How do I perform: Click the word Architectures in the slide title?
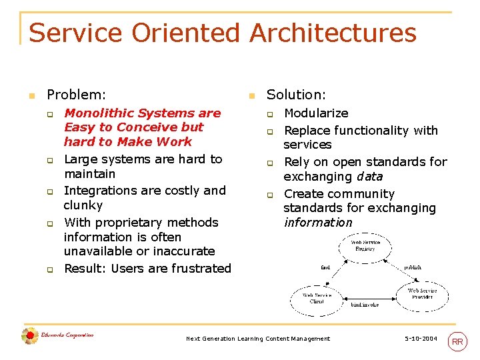333,33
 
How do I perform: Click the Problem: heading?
77,95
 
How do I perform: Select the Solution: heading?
296,95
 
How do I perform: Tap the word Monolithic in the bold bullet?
97,113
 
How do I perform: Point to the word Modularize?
316,113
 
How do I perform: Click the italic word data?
369,177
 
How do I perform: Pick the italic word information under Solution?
318,223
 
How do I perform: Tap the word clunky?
83,205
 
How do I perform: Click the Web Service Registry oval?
366,245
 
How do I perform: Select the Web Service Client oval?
317,298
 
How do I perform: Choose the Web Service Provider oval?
422,293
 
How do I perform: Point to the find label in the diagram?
325,267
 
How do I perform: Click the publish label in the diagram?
413,267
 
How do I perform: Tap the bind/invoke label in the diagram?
365,305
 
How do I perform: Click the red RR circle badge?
457,341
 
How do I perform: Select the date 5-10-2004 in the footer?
421,339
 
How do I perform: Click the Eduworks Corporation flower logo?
30,336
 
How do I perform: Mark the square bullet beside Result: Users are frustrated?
49,270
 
